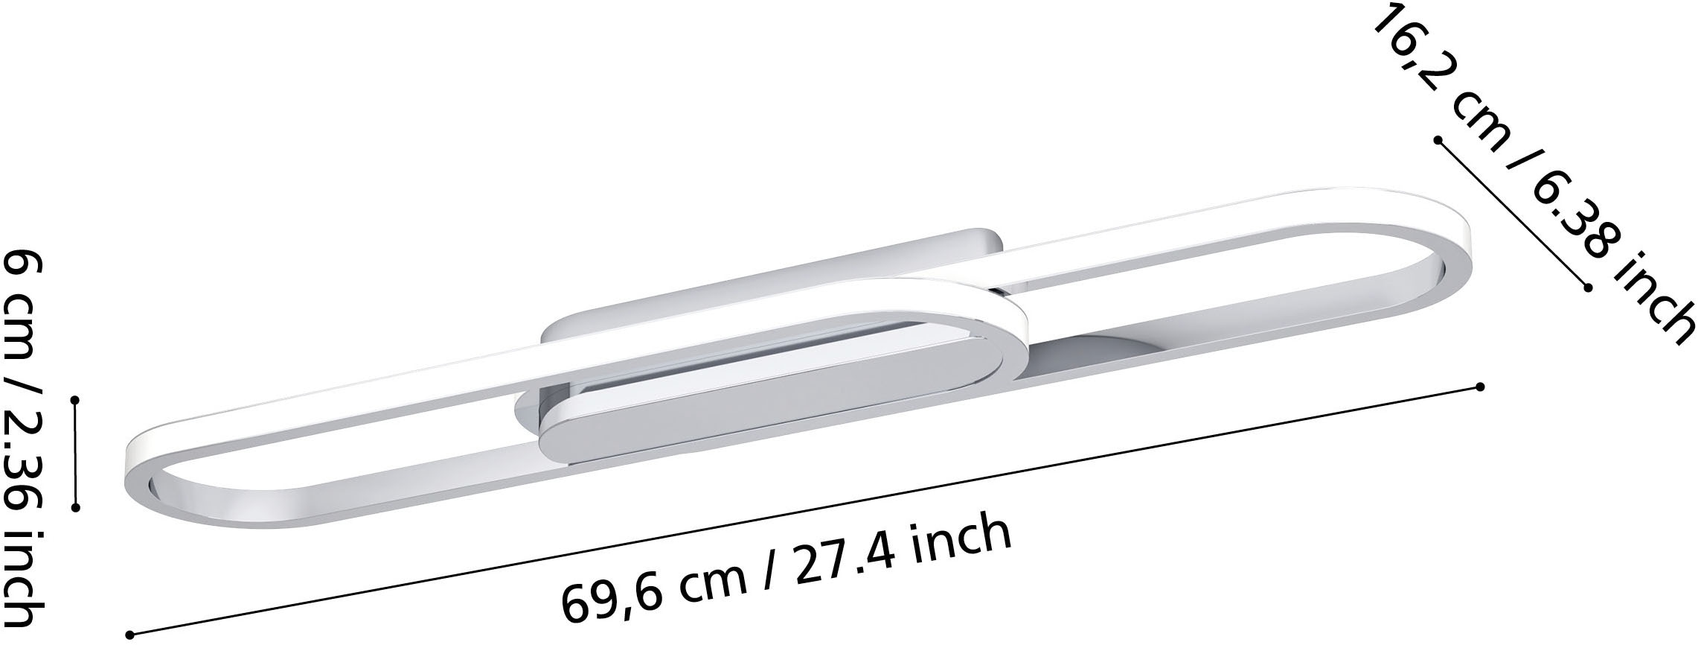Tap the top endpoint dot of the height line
(x=75, y=400)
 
